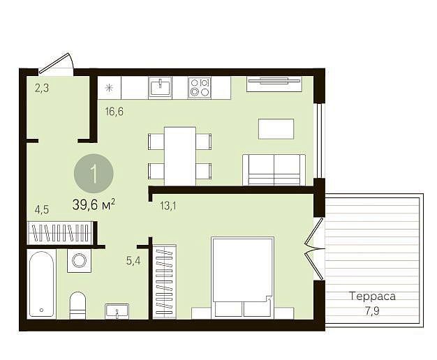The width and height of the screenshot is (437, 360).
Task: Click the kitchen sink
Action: pos(161,87)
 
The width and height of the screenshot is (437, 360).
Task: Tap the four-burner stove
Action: pos(200,87)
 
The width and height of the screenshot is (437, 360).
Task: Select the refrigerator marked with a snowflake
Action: pos(109,88)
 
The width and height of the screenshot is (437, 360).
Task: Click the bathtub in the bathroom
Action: pos(41,284)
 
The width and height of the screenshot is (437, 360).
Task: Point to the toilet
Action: pos(77,305)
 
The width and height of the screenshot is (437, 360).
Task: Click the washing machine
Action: pos(79,261)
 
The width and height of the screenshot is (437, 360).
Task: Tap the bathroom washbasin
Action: pos(117,311)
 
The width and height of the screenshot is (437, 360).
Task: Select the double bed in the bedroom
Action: pos(242,277)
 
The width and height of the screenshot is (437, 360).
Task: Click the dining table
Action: pos(180,156)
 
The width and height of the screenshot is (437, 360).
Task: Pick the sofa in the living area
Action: pos(274,170)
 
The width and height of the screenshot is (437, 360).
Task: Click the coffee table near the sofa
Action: pos(276,129)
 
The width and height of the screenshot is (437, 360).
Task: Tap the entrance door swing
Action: pos(57,65)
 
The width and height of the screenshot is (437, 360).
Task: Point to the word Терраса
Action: pos(372,297)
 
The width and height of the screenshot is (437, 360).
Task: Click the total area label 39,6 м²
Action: pos(94,205)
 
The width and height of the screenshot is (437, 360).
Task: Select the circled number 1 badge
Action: pos(94,174)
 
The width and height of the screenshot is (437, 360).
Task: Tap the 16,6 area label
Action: pos(114,112)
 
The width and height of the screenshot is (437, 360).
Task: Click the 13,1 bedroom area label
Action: pos(168,207)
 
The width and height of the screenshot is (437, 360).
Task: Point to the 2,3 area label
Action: pos(42,89)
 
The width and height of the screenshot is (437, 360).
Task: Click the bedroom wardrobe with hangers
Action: pos(165,282)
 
